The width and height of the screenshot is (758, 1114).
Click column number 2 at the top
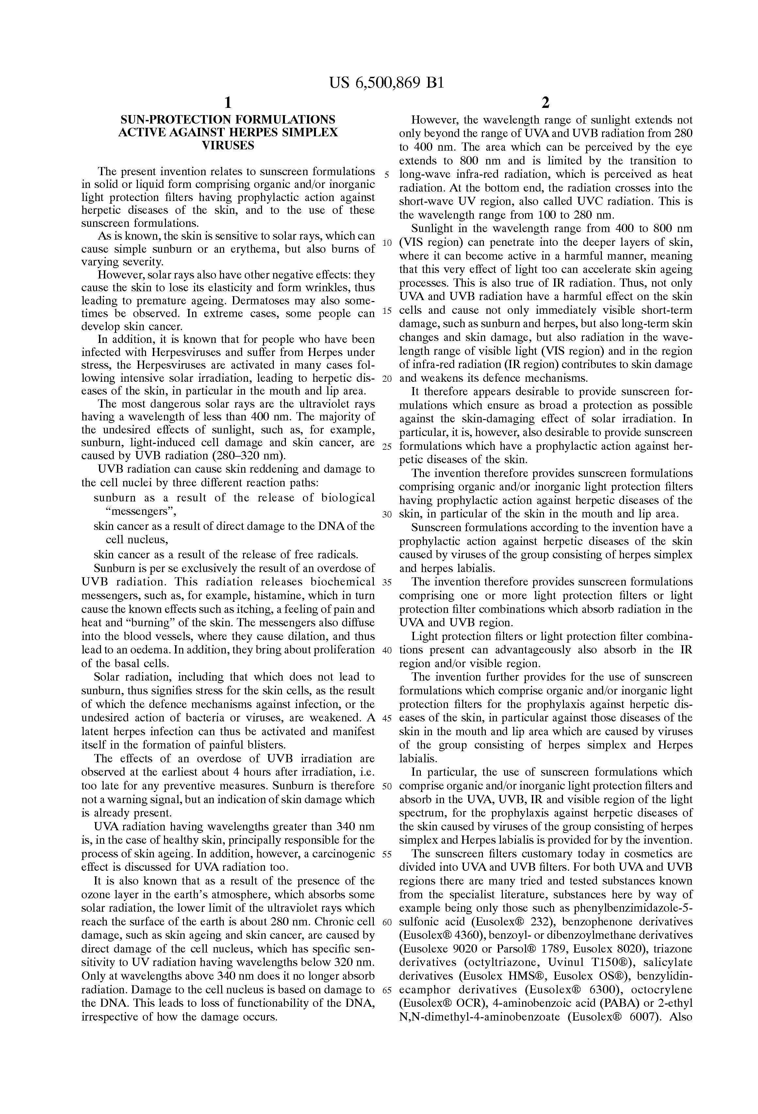point(545,103)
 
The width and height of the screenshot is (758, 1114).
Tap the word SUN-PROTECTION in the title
point(161,119)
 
